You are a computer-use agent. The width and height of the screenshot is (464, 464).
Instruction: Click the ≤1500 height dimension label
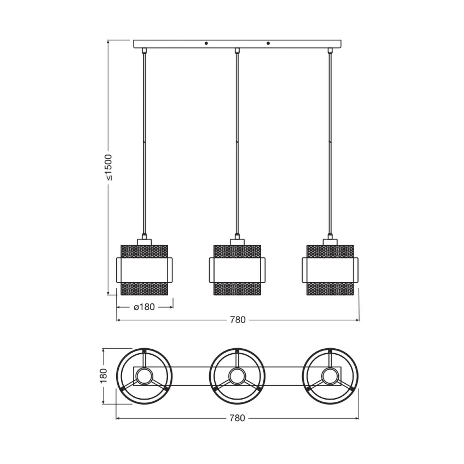[108, 167]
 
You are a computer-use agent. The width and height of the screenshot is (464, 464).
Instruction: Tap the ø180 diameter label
[144, 307]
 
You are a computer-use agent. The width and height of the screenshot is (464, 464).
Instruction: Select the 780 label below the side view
[238, 320]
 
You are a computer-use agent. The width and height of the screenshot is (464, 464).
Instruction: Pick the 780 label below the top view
[237, 418]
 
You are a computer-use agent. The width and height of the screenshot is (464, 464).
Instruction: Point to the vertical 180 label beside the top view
[104, 376]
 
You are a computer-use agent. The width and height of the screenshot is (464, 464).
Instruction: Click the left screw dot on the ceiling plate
[206, 43]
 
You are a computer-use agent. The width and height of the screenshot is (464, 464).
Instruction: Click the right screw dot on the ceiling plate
[268, 43]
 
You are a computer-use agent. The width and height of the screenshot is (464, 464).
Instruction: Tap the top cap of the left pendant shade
[144, 242]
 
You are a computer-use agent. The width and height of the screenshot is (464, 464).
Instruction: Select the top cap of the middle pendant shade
[237, 242]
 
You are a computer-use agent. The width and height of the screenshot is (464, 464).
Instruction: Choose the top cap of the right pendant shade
[330, 242]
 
